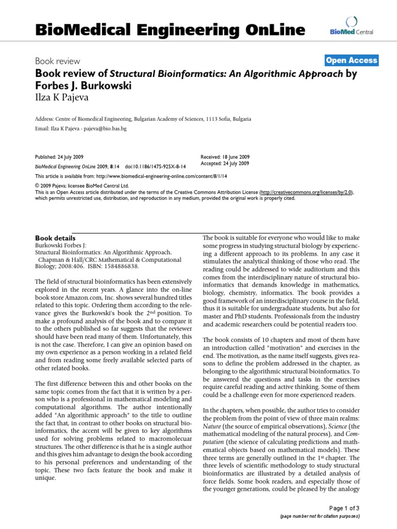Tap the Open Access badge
[352, 60]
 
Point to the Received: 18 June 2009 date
[224, 157]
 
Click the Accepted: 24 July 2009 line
[224, 163]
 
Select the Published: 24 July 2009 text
[59, 157]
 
